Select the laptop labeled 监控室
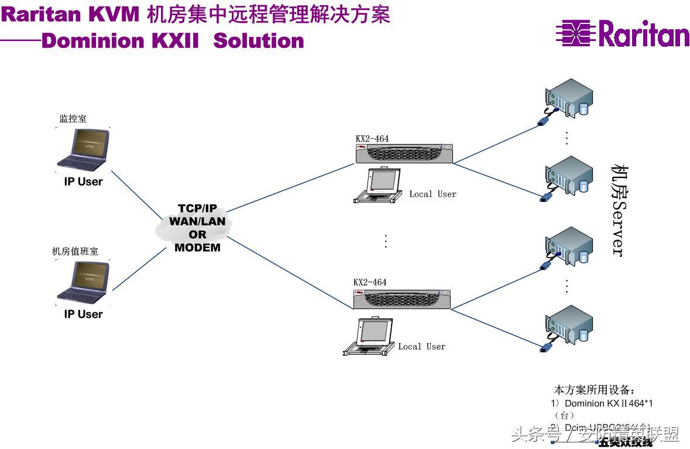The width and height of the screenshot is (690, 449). [83, 149]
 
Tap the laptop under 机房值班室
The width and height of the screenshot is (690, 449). [83, 282]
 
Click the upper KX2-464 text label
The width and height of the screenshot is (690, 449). [372, 139]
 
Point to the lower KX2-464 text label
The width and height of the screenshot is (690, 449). [370, 282]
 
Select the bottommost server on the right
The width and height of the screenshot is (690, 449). [568, 325]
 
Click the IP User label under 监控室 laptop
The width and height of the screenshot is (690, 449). [83, 181]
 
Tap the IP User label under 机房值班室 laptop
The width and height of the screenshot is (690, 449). [83, 314]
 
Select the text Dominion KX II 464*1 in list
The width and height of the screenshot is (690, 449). [609, 403]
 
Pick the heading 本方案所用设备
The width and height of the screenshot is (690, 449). [593, 390]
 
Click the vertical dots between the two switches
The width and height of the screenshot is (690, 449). [386, 241]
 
